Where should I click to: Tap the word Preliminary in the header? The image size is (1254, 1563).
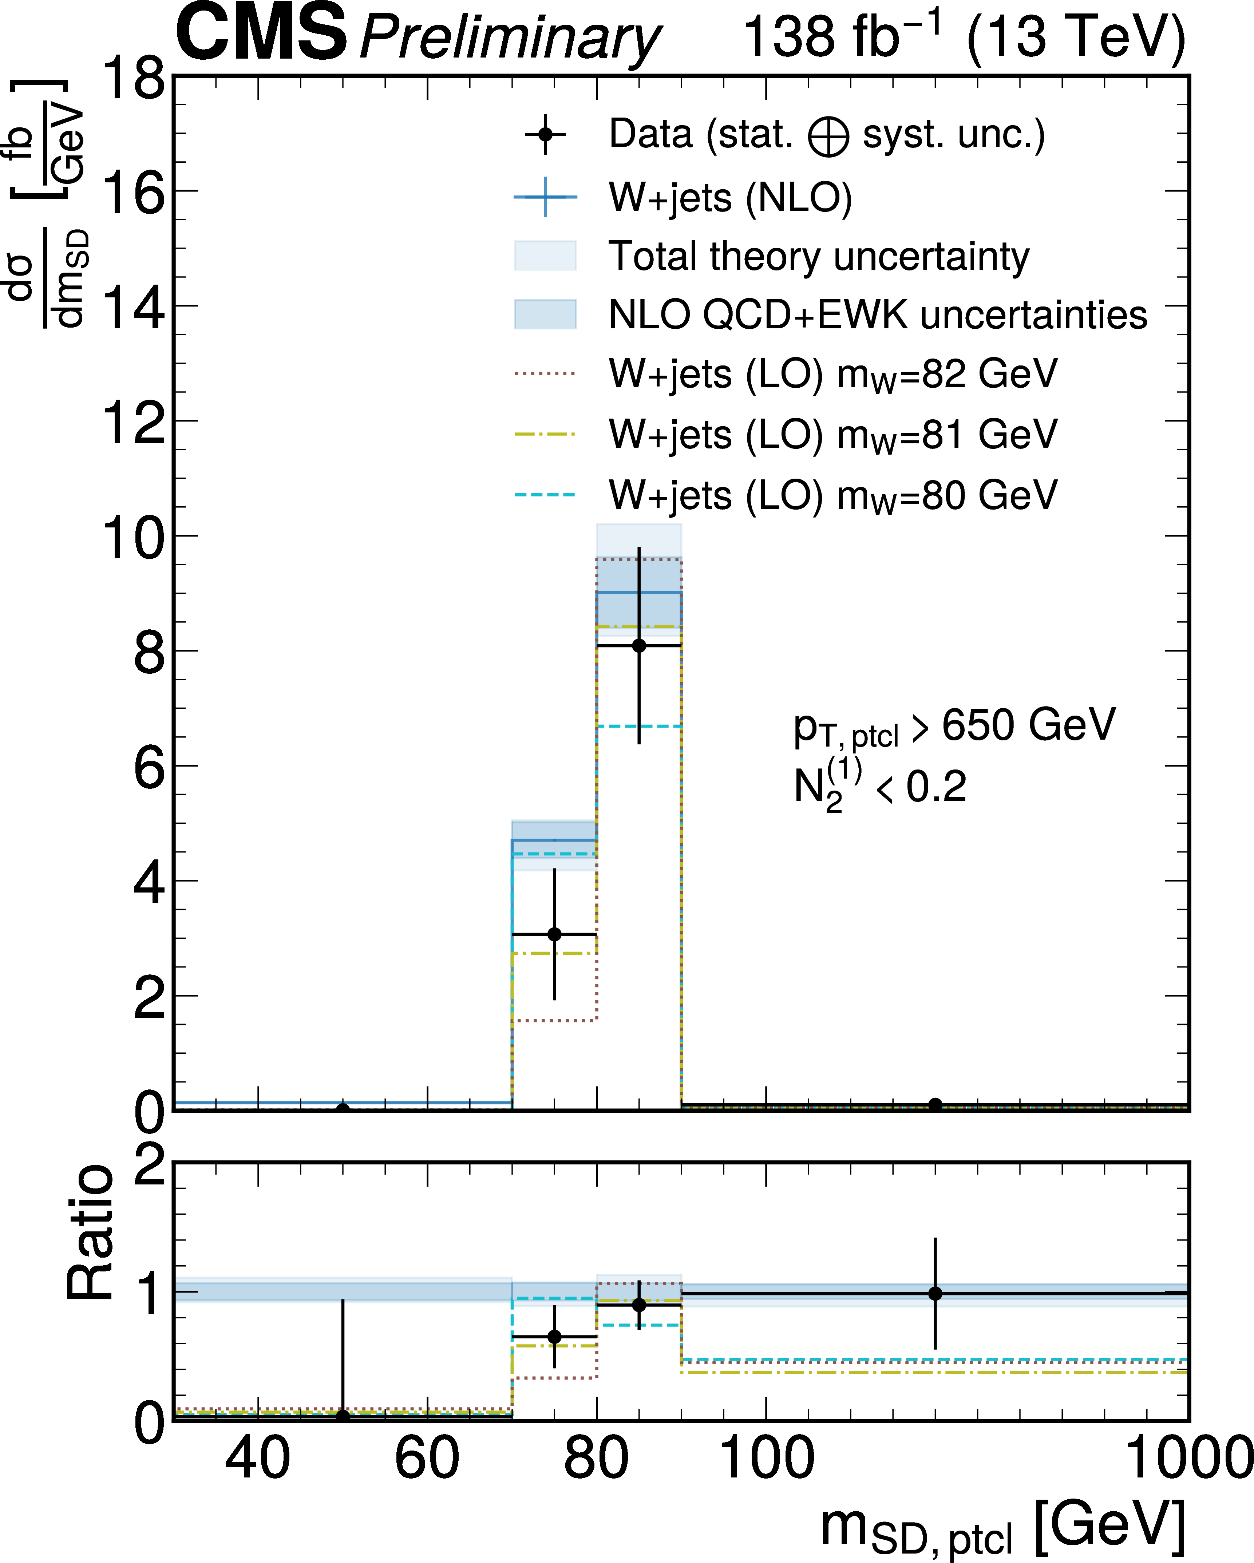pyautogui.click(x=510, y=38)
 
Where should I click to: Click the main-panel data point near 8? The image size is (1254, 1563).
pyautogui.click(x=638, y=646)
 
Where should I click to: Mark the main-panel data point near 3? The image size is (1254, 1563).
pyautogui.click(x=554, y=934)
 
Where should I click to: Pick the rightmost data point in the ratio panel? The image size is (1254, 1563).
pyautogui.click(x=935, y=1293)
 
